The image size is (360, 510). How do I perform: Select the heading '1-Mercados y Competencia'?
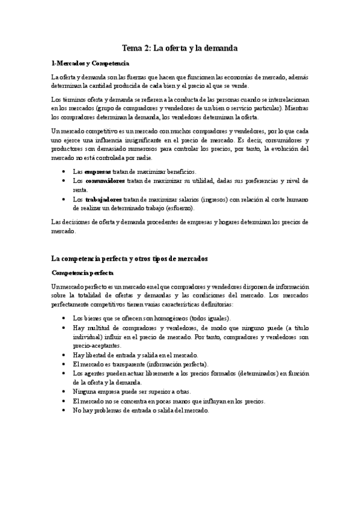[x=90, y=63]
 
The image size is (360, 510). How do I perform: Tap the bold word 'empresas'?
[x=99, y=172]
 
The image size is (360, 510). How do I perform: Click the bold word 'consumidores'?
[x=105, y=180]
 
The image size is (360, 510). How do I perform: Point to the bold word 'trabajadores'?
[x=103, y=199]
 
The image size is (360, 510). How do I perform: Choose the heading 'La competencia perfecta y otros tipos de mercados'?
[x=129, y=242]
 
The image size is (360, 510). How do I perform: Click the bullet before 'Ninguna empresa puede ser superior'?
[x=64, y=392]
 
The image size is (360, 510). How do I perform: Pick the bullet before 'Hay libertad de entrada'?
[x=64, y=355]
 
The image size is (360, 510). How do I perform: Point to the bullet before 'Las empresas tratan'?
[x=64, y=172]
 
